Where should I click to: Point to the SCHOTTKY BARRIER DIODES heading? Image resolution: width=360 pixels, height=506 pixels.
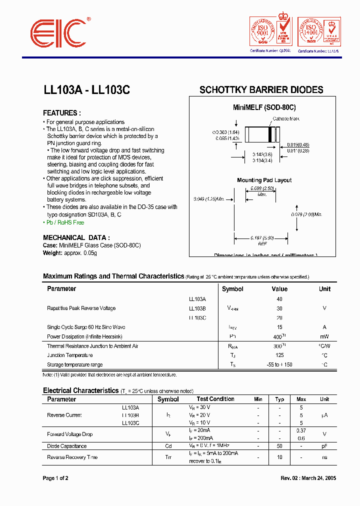[261, 90]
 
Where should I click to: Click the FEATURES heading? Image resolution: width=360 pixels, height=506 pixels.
[62, 113]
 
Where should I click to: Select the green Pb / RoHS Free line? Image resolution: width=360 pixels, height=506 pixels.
[65, 222]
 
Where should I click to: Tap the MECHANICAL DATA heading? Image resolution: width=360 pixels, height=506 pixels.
[76, 238]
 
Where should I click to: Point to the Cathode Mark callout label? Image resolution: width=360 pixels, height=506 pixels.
[285, 118]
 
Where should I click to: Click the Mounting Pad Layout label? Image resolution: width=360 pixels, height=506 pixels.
[264, 180]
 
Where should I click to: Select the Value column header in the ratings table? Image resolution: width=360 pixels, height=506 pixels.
[279, 289]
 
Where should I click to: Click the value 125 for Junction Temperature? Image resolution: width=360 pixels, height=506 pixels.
[279, 355]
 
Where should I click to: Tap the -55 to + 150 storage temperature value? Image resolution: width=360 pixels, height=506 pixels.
[279, 364]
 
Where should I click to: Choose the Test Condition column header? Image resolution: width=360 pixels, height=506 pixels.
[215, 399]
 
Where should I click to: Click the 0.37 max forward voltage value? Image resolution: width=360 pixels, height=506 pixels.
[301, 430]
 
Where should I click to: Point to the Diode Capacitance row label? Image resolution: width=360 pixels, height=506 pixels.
[66, 446]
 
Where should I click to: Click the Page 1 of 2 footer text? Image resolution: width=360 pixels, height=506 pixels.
[55, 478]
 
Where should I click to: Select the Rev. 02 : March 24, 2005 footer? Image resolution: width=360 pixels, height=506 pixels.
[308, 478]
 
